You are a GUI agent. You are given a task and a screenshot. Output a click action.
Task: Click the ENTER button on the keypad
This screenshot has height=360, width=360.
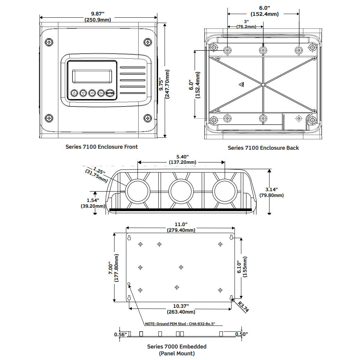point(110,93)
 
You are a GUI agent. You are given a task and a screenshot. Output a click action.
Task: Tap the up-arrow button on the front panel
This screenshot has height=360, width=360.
point(74,93)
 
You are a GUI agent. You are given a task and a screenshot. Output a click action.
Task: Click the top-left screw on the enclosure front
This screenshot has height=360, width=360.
point(49,42)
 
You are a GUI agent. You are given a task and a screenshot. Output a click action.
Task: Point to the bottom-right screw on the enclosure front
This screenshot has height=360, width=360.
point(147,118)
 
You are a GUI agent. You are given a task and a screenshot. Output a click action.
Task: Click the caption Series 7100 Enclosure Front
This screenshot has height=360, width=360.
point(102,147)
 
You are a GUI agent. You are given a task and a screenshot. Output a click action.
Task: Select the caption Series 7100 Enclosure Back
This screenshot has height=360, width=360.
point(263,148)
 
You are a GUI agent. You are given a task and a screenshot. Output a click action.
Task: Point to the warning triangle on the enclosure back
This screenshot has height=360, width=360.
point(241,85)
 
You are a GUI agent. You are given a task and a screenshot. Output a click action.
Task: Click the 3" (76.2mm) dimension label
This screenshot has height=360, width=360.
point(246,24)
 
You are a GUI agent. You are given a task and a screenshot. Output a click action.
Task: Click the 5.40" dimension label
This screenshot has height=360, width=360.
point(183,159)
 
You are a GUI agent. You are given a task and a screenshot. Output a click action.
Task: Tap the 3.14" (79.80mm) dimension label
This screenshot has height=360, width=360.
point(271,192)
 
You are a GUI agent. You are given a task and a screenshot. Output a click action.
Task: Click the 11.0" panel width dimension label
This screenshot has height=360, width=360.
point(180,227)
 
